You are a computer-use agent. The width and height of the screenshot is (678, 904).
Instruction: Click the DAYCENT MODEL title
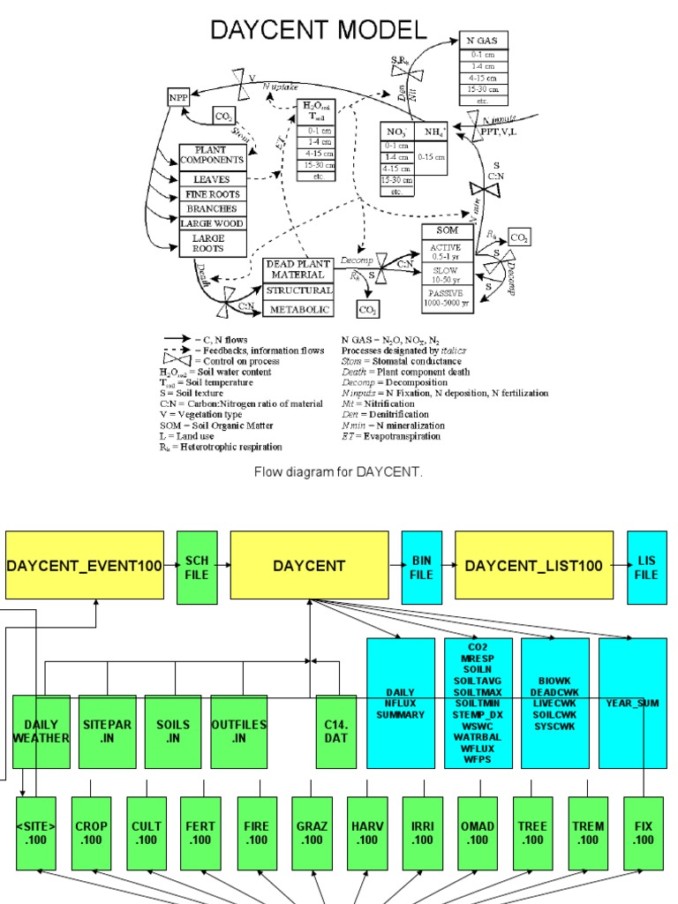tap(318, 31)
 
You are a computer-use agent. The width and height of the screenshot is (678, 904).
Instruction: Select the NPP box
tap(179, 97)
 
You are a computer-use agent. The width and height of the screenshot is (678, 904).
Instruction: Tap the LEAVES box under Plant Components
tap(212, 179)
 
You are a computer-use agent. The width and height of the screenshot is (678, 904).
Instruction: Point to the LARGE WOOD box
tap(212, 223)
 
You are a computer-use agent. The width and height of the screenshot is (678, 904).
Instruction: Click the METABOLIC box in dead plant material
tap(300, 310)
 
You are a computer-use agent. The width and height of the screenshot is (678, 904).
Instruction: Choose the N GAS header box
tap(484, 41)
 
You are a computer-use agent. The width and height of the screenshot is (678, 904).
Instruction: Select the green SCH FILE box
tap(197, 566)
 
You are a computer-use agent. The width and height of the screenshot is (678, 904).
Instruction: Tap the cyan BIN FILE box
tap(421, 566)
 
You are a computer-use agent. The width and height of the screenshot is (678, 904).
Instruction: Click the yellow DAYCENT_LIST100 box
tap(534, 566)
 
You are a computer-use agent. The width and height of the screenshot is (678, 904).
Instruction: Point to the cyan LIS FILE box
tap(646, 566)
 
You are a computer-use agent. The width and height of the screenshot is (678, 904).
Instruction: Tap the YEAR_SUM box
tap(632, 703)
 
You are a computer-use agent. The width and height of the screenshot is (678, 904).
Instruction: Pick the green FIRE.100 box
tap(256, 832)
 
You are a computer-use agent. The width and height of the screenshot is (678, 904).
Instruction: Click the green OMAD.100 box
tap(477, 832)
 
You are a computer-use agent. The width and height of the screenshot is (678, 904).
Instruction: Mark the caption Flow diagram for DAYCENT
tap(339, 471)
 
